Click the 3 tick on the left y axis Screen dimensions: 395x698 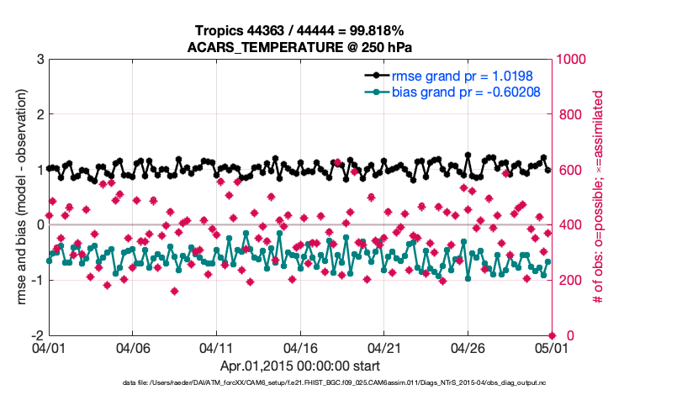pyautogui.click(x=40, y=60)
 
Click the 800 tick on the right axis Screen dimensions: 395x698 pyautogui.click(x=568, y=114)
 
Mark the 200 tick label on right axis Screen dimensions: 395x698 pyautogui.click(x=568, y=280)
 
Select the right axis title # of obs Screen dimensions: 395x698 pyautogui.click(x=599, y=197)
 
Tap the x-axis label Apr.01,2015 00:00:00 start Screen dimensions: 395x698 pyautogui.click(x=299, y=366)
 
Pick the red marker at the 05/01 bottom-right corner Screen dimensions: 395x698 pyautogui.click(x=552, y=335)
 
